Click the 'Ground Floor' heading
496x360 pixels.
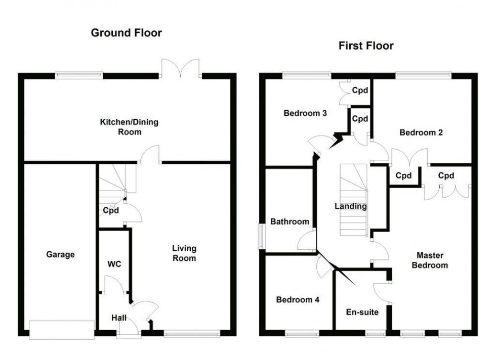[x=126, y=33]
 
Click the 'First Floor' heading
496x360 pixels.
[x=366, y=46]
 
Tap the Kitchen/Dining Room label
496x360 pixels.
[x=120, y=127]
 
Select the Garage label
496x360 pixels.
[x=60, y=254]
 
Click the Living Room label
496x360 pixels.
[x=184, y=253]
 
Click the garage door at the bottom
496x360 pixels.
[x=62, y=329]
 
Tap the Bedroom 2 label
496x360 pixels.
[x=421, y=132]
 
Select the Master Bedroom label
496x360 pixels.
[x=432, y=260]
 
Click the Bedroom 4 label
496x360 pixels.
[x=298, y=299]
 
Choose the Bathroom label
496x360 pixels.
[x=289, y=221]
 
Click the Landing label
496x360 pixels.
[x=350, y=206]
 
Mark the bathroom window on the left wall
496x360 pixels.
[x=262, y=236]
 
